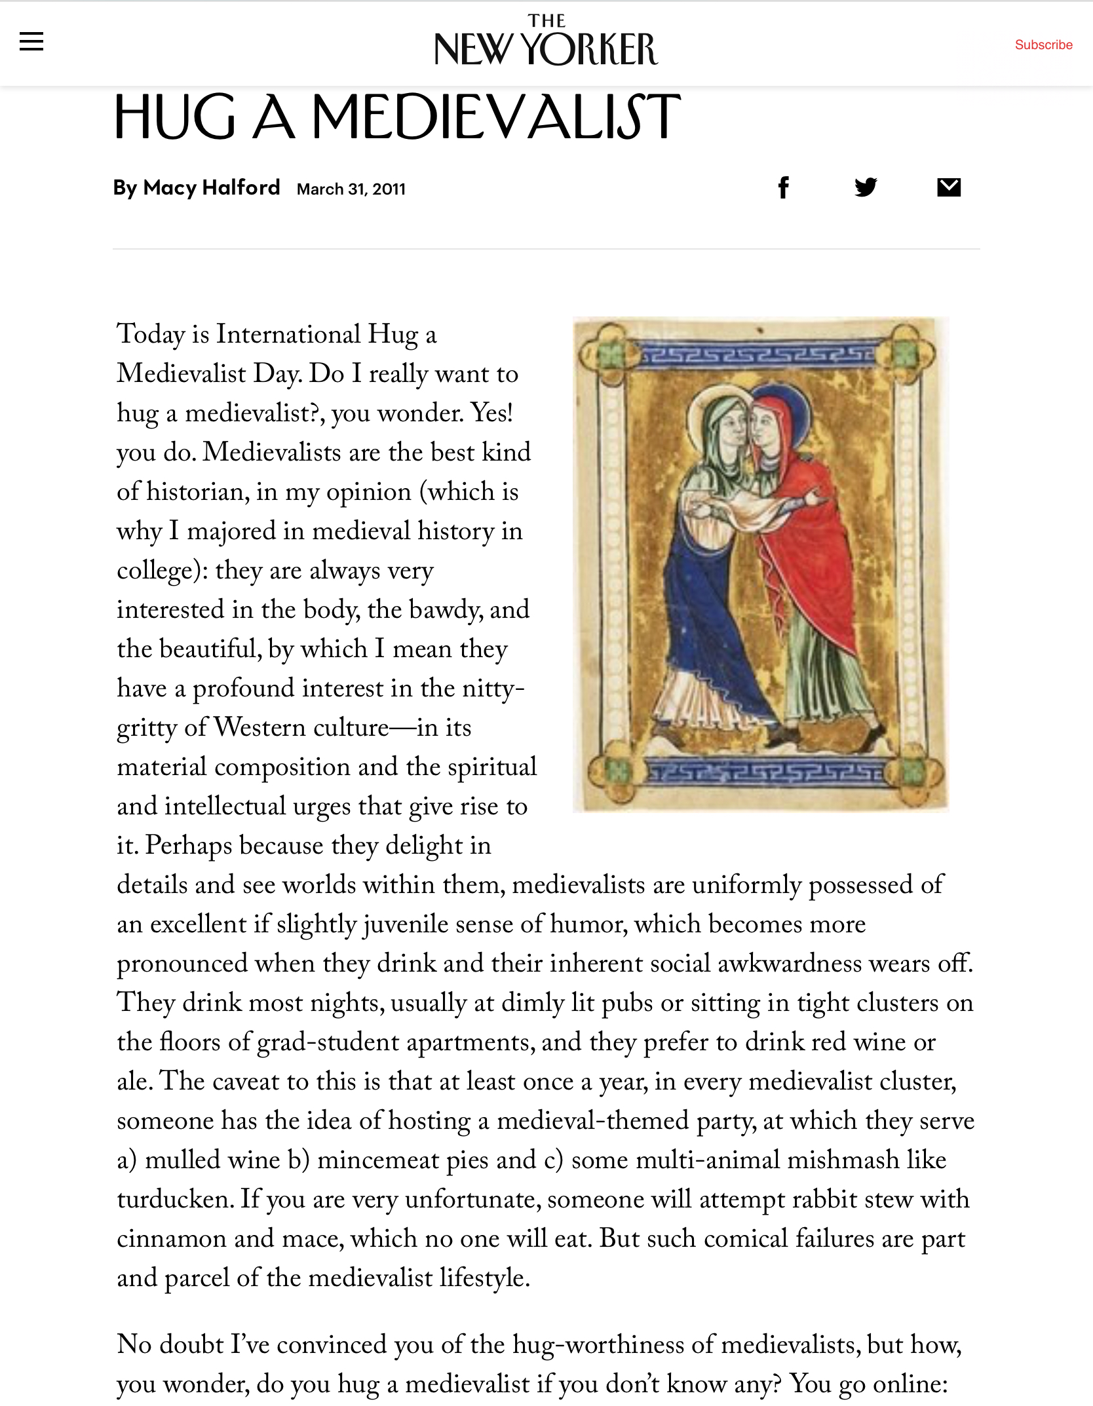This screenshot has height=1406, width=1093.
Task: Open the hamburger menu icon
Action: (31, 42)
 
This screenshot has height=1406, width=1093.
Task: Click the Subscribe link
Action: (1043, 45)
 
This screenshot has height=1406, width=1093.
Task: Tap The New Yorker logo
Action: (546, 41)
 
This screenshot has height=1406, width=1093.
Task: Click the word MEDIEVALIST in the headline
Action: (496, 117)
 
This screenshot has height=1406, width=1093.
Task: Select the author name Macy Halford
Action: (211, 188)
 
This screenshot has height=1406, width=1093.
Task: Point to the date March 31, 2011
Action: (351, 189)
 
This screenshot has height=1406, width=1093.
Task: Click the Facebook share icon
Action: (783, 188)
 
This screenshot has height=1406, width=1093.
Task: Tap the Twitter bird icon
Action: (866, 188)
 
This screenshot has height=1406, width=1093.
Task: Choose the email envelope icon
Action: (948, 188)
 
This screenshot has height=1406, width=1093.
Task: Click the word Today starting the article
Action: (151, 335)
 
